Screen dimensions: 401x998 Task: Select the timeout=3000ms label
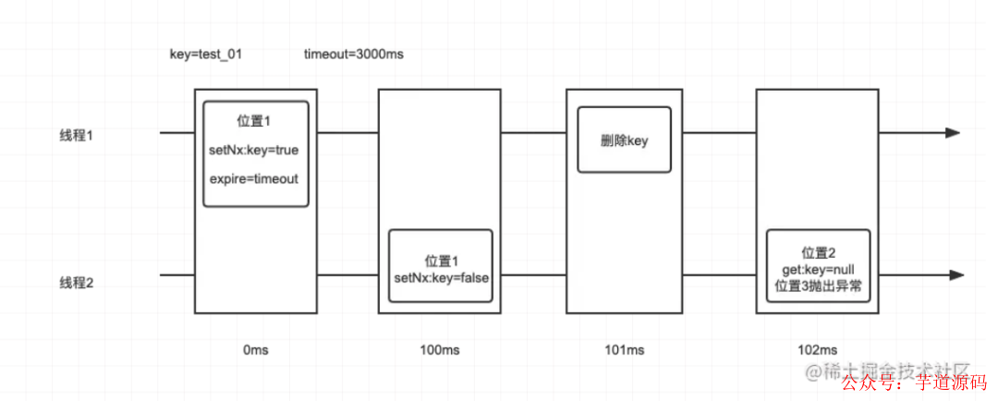tap(353, 55)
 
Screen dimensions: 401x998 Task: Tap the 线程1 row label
tap(78, 136)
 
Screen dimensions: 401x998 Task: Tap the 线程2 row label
tap(78, 284)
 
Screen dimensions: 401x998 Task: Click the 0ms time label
tap(255, 350)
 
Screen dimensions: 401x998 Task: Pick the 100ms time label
tap(440, 350)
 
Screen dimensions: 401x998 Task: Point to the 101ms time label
tap(626, 350)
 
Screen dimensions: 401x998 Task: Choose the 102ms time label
tap(817, 350)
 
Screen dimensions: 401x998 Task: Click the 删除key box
tap(624, 140)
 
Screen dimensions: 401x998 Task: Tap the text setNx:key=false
tap(440, 276)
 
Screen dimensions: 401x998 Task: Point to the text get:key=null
tap(818, 269)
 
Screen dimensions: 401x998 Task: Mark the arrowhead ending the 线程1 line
tap(953, 133)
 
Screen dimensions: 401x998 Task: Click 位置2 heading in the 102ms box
tap(818, 252)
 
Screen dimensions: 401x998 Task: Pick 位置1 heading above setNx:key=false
tap(440, 261)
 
